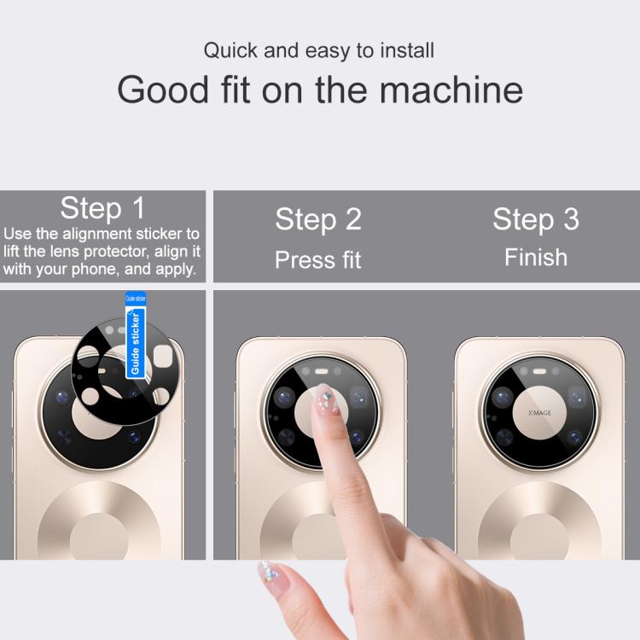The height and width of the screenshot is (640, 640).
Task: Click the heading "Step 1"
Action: pyautogui.click(x=102, y=208)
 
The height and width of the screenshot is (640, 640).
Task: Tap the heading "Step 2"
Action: pyautogui.click(x=318, y=219)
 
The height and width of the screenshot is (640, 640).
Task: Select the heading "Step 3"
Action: pyautogui.click(x=536, y=219)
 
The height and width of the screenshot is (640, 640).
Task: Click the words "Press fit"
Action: pyautogui.click(x=318, y=259)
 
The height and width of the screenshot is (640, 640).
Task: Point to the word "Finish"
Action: pyautogui.click(x=536, y=258)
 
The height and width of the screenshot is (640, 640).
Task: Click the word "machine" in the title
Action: pyautogui.click(x=451, y=90)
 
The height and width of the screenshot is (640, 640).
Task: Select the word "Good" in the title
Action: pyautogui.click(x=163, y=90)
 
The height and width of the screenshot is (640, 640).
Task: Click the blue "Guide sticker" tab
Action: pyautogui.click(x=136, y=335)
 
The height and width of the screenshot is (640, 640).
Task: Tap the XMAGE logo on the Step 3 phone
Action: pyautogui.click(x=539, y=413)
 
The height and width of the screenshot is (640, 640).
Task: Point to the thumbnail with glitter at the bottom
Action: pyautogui.click(x=269, y=572)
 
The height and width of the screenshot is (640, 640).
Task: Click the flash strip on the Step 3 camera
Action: pyautogui.click(x=539, y=371)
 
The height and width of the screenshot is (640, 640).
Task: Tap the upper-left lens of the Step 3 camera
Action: pyautogui.click(x=503, y=397)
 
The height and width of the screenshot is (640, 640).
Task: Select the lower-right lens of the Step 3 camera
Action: pyautogui.click(x=574, y=438)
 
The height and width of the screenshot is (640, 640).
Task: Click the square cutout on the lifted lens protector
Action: pyautogui.click(x=162, y=357)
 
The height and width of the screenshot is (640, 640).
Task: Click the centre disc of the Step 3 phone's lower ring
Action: pyautogui.click(x=539, y=537)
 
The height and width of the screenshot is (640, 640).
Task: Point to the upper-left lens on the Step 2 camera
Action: pyautogui.click(x=284, y=397)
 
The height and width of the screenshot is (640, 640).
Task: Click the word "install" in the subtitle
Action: pyautogui.click(x=407, y=50)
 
